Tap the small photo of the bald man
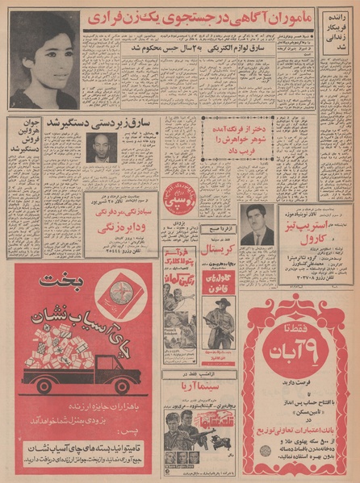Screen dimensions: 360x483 click(101, 148)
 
